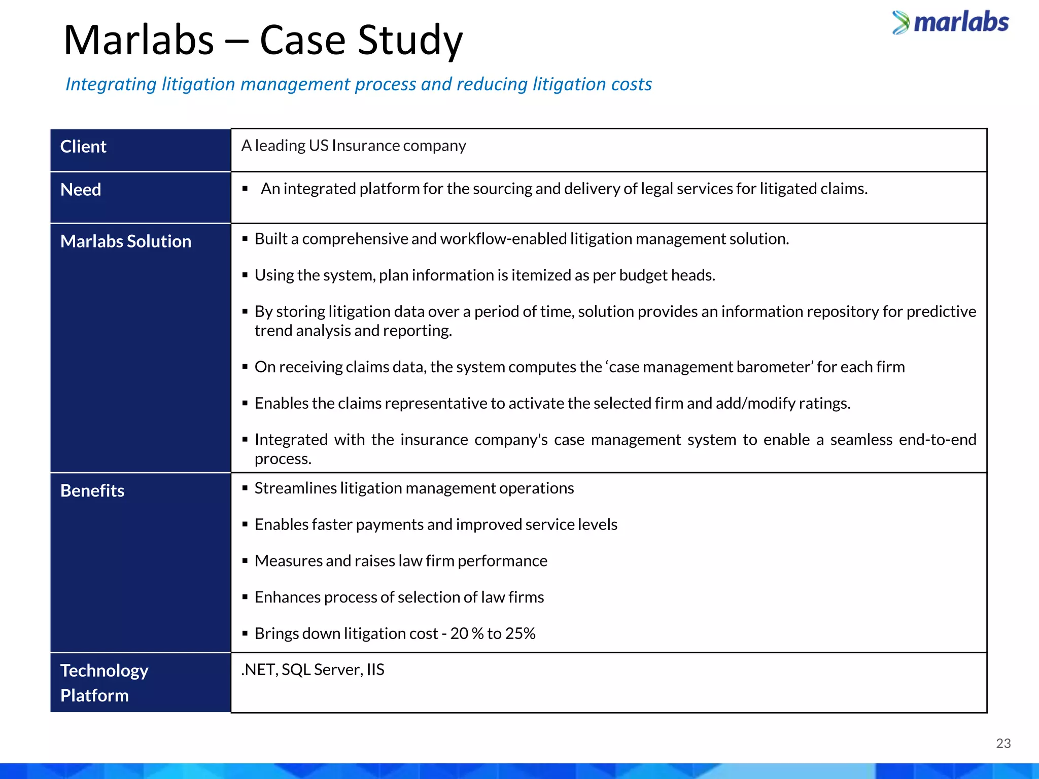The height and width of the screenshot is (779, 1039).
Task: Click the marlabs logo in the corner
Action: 951,23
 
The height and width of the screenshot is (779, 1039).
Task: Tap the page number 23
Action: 1003,743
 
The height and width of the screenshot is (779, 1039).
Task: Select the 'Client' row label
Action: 83,147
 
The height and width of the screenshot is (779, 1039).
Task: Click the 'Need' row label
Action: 81,190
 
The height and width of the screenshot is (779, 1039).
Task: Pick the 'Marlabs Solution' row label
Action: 126,241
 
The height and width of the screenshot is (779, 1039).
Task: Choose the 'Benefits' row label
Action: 92,491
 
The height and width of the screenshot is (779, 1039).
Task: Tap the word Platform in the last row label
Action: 94,695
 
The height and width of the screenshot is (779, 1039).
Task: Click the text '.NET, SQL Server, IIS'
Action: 313,669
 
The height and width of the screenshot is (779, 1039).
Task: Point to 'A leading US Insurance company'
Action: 354,146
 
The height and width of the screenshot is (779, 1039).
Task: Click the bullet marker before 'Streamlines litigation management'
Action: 245,488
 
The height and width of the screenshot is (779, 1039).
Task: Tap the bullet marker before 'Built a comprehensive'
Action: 245,239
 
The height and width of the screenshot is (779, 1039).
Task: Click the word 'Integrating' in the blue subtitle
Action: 111,84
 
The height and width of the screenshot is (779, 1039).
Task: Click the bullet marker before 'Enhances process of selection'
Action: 245,597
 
